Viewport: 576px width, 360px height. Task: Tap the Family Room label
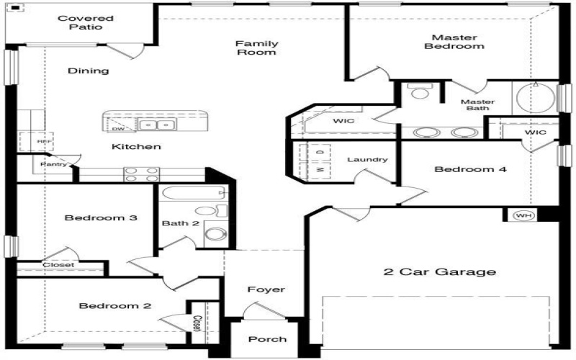257,48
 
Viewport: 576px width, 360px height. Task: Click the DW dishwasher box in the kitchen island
117,129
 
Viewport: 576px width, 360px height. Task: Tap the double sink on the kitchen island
157,125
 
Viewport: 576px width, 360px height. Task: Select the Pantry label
54,164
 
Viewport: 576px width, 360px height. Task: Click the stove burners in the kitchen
142,174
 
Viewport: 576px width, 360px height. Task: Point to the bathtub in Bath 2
192,194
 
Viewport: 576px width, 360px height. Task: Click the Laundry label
367,160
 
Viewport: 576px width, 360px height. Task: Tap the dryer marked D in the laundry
319,152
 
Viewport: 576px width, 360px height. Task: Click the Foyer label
266,289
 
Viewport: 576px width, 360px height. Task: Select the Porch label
267,339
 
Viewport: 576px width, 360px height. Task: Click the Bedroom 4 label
471,170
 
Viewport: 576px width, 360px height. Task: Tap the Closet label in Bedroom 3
58,265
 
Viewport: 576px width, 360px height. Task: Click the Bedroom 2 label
114,306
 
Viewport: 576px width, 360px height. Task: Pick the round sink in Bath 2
214,234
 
